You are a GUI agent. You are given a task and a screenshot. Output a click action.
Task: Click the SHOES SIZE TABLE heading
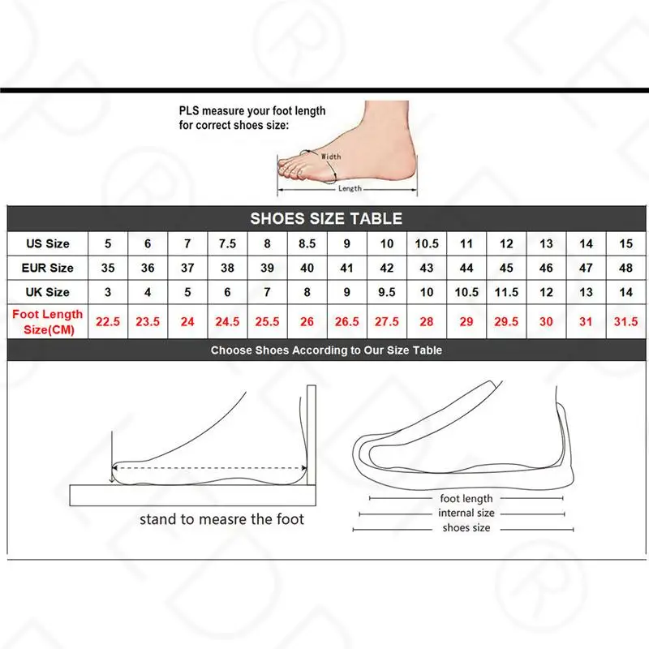(325, 218)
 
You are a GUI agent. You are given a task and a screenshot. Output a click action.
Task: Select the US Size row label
(48, 243)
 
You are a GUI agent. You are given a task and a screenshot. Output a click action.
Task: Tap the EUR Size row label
(48, 268)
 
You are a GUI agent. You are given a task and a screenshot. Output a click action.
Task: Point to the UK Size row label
(48, 292)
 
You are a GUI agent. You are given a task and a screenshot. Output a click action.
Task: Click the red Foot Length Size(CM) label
(48, 321)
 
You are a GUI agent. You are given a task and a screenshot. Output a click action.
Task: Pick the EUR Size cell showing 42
(387, 268)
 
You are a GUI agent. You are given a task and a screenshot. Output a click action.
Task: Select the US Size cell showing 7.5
(227, 243)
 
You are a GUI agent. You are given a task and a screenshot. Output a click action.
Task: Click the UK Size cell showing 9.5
(387, 292)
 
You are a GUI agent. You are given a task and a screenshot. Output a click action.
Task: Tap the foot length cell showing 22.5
(108, 321)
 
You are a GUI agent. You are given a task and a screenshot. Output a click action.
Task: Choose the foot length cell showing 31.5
(625, 321)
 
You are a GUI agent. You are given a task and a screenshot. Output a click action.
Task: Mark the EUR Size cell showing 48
(625, 268)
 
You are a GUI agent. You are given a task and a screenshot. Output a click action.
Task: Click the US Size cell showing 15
(625, 243)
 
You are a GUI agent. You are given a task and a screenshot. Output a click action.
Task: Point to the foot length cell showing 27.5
(387, 321)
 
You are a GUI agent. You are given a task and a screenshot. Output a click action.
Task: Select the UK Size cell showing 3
(108, 292)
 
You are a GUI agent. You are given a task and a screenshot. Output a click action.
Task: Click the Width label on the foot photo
(331, 156)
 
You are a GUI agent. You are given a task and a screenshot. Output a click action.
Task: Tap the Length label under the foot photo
(350, 188)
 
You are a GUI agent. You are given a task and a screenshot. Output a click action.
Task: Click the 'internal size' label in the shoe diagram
(466, 514)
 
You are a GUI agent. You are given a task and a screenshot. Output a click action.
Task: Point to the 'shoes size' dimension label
(466, 528)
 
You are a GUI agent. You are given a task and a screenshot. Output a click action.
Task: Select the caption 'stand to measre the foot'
(221, 518)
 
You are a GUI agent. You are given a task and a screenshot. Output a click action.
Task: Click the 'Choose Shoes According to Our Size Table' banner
(326, 350)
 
